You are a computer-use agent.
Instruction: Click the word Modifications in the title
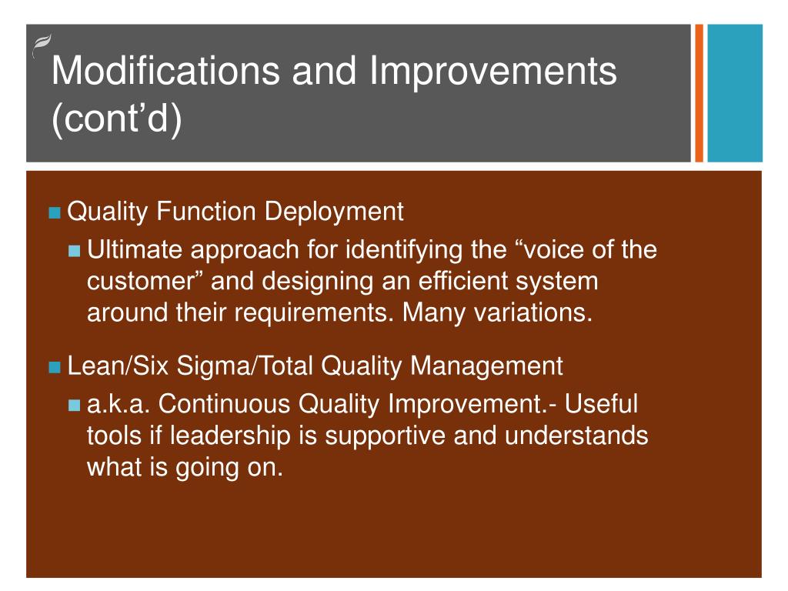pyautogui.click(x=166, y=70)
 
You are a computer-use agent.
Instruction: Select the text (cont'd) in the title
pyautogui.click(x=117, y=119)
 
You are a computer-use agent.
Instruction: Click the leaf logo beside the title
pyautogui.click(x=42, y=45)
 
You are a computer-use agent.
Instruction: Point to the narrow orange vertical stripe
pyautogui.click(x=699, y=93)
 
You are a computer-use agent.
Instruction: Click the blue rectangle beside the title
pyautogui.click(x=735, y=93)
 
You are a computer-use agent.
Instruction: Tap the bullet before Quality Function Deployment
pyautogui.click(x=55, y=212)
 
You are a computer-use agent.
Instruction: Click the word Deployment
pyautogui.click(x=334, y=212)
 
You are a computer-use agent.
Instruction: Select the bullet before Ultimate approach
pyautogui.click(x=75, y=250)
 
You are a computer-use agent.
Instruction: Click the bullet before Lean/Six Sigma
pyautogui.click(x=55, y=367)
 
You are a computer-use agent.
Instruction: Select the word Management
pyautogui.click(x=486, y=366)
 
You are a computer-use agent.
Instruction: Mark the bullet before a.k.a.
pyautogui.click(x=75, y=405)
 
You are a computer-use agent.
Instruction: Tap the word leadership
pyautogui.click(x=231, y=436)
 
